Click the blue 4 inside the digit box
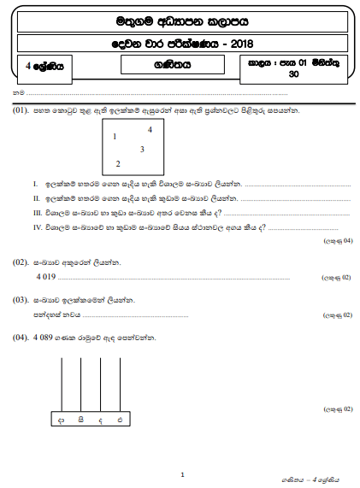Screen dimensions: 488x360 pyautogui.click(x=150, y=130)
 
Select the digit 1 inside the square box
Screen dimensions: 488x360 pyautogui.click(x=115, y=137)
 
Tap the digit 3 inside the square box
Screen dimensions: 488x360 pyautogui.click(x=142, y=150)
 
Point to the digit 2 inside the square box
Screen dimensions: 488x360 pyautogui.click(x=117, y=163)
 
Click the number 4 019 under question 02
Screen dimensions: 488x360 pyautogui.click(x=46, y=277)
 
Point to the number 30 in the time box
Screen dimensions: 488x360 pyautogui.click(x=294, y=74)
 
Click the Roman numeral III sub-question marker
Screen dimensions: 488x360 pyautogui.click(x=37, y=212)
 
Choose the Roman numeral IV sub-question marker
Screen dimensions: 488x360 pyautogui.click(x=37, y=226)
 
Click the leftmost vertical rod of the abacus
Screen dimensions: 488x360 pyautogui.click(x=62, y=384)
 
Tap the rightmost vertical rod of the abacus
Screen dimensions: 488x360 pyautogui.click(x=121, y=384)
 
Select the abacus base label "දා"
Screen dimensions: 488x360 pyautogui.click(x=61, y=420)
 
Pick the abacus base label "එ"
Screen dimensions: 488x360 pyautogui.click(x=121, y=420)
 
